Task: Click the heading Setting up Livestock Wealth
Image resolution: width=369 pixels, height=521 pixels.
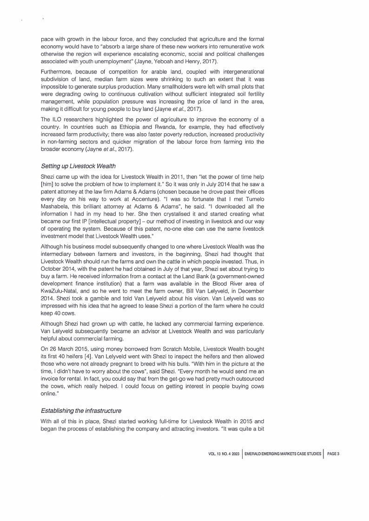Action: [x=79, y=160]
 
